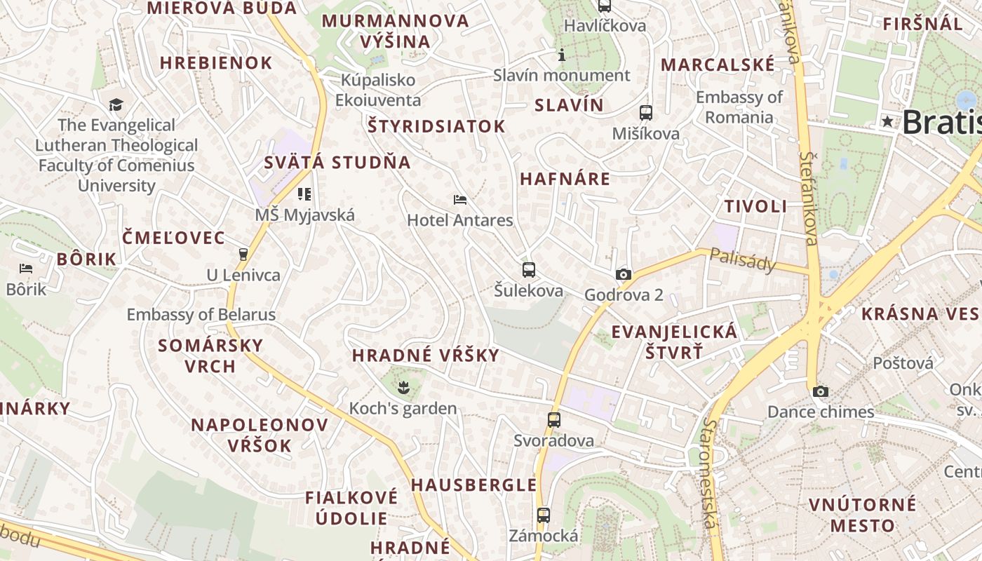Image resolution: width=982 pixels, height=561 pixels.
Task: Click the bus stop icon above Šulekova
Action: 529,269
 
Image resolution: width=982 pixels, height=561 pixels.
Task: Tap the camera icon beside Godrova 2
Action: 623,274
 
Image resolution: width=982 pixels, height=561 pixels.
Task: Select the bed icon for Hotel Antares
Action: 460,200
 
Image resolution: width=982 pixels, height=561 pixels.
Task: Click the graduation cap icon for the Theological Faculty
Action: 116,104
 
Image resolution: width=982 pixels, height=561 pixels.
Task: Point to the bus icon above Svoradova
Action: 554,420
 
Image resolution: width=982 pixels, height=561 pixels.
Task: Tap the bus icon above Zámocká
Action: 544,515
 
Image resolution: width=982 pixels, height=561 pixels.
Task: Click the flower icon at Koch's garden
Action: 403,385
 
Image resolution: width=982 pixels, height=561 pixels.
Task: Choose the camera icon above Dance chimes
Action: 821,391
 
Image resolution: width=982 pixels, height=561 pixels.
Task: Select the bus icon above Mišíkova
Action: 646,112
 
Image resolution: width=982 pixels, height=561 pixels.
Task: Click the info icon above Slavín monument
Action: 561,54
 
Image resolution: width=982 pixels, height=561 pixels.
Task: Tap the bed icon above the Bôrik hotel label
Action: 26,269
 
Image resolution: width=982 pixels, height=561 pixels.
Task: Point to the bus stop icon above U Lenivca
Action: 243,254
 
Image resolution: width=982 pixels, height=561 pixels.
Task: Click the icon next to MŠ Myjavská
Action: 304,194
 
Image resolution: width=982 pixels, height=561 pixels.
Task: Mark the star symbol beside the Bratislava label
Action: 887,121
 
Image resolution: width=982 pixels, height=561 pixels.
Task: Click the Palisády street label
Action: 743,260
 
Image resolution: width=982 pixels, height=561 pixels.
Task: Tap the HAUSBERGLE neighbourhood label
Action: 474,485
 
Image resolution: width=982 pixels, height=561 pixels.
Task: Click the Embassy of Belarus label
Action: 201,314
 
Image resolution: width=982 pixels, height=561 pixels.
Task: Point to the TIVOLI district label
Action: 755,206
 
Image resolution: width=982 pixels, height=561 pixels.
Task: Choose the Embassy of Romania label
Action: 739,107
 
